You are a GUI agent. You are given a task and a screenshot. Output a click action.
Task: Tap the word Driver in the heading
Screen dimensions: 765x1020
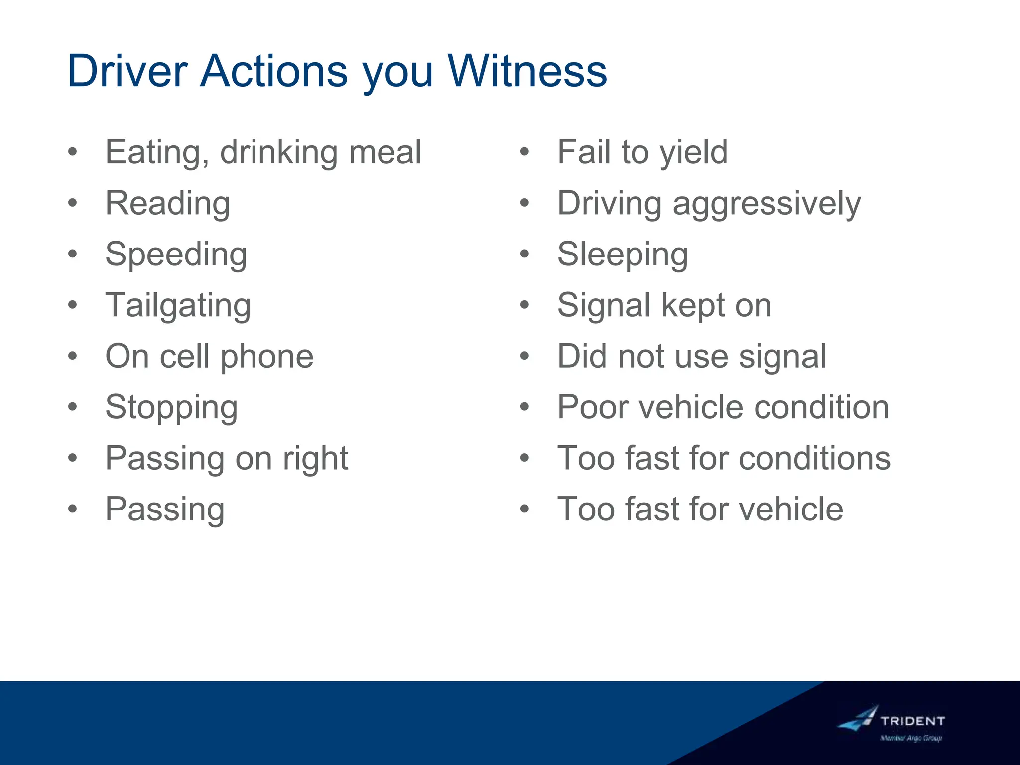click(127, 71)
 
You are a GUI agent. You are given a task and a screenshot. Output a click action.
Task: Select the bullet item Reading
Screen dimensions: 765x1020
click(168, 204)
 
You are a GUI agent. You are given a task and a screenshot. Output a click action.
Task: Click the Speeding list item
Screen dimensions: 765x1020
click(176, 255)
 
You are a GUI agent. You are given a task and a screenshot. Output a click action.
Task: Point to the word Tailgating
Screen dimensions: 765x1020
click(178, 305)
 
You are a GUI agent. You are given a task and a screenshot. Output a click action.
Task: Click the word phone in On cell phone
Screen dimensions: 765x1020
click(267, 357)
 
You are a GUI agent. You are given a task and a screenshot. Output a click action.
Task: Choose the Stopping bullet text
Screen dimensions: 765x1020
click(172, 407)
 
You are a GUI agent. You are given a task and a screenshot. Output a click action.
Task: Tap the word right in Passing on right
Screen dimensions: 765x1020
click(315, 458)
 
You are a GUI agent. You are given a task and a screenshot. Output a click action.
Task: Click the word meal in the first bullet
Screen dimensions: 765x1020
click(385, 152)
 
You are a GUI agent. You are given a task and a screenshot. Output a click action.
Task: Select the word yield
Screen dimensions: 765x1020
click(693, 152)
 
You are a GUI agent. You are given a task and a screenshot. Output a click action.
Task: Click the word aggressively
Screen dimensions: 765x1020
click(766, 204)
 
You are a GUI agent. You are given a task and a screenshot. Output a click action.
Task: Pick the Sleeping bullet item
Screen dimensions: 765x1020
click(623, 255)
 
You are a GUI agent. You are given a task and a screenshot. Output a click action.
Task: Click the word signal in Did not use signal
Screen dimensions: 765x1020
click(782, 357)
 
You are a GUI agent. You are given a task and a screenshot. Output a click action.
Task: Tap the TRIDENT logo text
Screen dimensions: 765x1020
click(912, 721)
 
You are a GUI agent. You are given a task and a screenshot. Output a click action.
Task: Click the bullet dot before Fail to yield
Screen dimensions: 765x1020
click(524, 152)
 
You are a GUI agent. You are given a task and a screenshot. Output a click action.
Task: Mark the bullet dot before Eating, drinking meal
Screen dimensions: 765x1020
click(73, 152)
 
